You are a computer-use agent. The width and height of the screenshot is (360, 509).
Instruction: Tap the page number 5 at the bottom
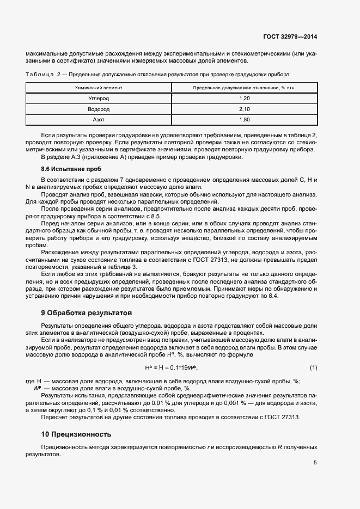point(315,463)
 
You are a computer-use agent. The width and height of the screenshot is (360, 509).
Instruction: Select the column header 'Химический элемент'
point(99,87)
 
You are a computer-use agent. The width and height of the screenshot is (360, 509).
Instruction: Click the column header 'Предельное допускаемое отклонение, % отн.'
point(244,87)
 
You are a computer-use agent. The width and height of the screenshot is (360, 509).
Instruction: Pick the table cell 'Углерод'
point(99,98)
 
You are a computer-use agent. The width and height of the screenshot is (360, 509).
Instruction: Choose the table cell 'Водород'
point(99,108)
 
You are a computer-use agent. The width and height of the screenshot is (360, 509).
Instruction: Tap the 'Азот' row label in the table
point(99,119)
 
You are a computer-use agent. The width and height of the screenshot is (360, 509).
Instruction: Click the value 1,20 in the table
point(244,98)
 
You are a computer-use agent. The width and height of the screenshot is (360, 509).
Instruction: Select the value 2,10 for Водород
point(244,108)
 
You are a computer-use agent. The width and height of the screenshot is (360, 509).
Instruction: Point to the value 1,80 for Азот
point(244,119)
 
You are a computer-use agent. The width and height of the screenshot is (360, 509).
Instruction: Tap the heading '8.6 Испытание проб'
point(64,169)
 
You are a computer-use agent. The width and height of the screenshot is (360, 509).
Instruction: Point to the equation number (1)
point(313,367)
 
